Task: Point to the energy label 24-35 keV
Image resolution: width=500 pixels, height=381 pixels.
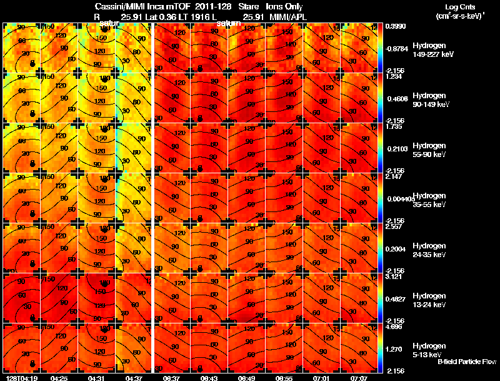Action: tap(429, 255)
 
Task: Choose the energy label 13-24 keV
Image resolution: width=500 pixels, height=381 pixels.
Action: tap(429, 305)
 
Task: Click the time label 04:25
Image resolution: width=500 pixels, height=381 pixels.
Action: tap(59, 378)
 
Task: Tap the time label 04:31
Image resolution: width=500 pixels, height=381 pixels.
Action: tap(97, 378)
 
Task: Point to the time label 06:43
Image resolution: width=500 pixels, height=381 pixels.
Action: tap(210, 378)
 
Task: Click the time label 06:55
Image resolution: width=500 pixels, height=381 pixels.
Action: tap(285, 378)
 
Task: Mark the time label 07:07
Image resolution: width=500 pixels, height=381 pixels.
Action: tap(360, 378)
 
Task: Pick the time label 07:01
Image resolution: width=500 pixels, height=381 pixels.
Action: tap(322, 378)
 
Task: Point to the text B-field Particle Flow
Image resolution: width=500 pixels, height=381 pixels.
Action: tap(466, 362)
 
